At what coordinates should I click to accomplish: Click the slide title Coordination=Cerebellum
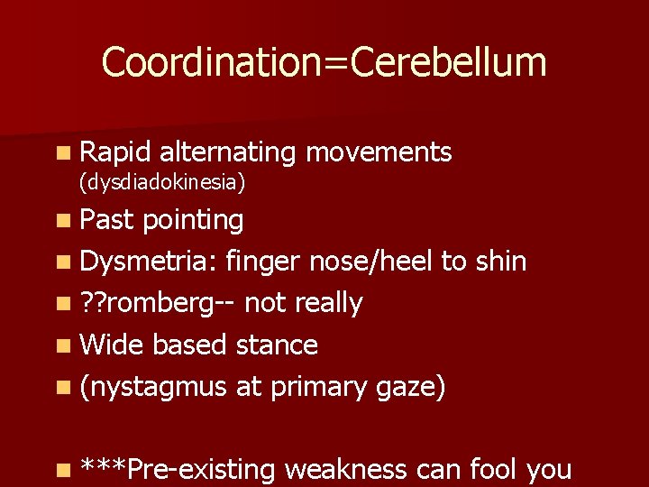[x=324, y=63]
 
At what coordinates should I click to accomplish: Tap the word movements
[x=379, y=152]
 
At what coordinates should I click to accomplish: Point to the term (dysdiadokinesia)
[x=162, y=182]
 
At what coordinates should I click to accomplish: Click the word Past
[x=106, y=219]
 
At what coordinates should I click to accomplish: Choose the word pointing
[x=193, y=220]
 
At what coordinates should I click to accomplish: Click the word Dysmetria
[x=148, y=262]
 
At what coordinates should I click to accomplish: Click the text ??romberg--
[x=157, y=304]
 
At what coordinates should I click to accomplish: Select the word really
[x=328, y=304]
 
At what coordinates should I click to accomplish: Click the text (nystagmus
[x=152, y=387]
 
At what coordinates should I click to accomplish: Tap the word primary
[x=315, y=387]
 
